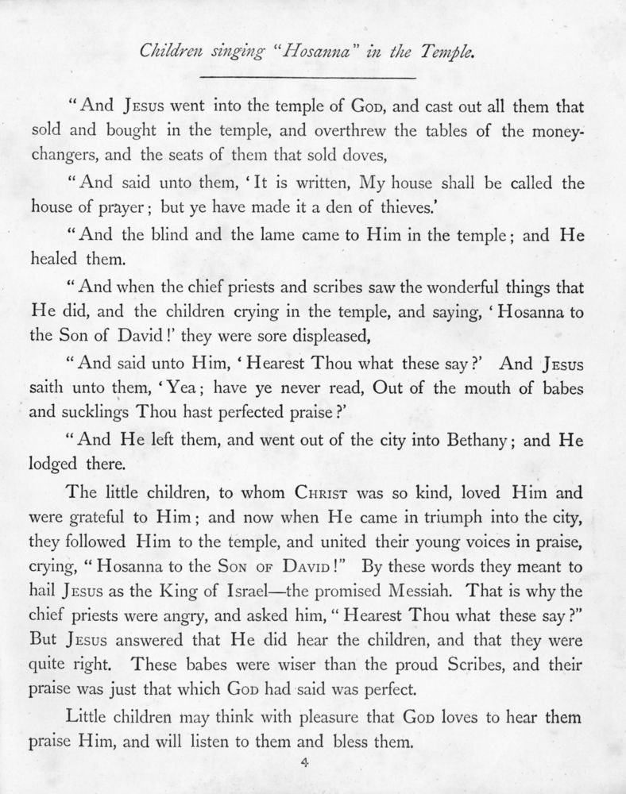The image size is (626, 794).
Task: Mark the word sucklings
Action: tap(100, 413)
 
